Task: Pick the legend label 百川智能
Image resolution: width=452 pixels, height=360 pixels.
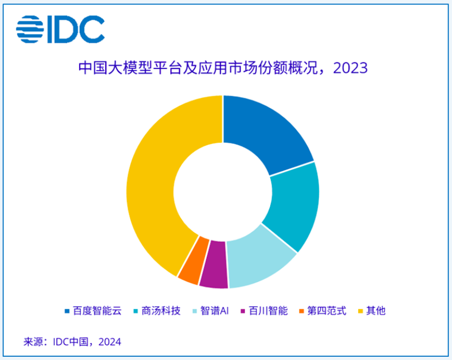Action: pyautogui.click(x=268, y=311)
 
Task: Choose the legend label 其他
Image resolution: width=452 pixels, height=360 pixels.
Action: pyautogui.click(x=375, y=311)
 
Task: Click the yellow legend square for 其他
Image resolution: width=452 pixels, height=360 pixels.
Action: pyautogui.click(x=359, y=312)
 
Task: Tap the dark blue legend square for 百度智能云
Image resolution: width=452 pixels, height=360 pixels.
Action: pyautogui.click(x=67, y=312)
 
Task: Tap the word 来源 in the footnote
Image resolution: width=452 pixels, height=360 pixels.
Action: pyautogui.click(x=33, y=342)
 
